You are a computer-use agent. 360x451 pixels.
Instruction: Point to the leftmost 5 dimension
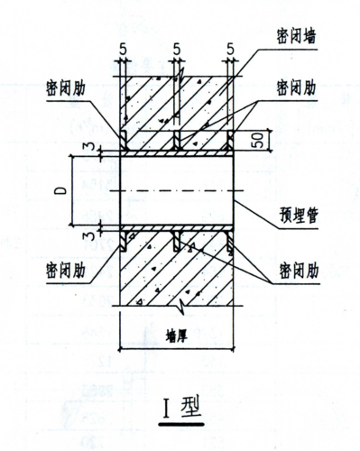pyautogui.click(x=120, y=45)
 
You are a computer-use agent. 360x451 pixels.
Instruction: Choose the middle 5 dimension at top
pyautogui.click(x=176, y=45)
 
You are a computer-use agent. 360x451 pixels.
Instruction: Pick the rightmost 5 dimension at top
pyautogui.click(x=232, y=45)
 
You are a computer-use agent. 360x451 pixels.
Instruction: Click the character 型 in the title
pyautogui.click(x=191, y=403)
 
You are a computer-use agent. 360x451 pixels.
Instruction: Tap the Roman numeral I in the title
pyautogui.click(x=167, y=403)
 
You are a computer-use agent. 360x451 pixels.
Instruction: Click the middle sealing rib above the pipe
pyautogui.click(x=178, y=140)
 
